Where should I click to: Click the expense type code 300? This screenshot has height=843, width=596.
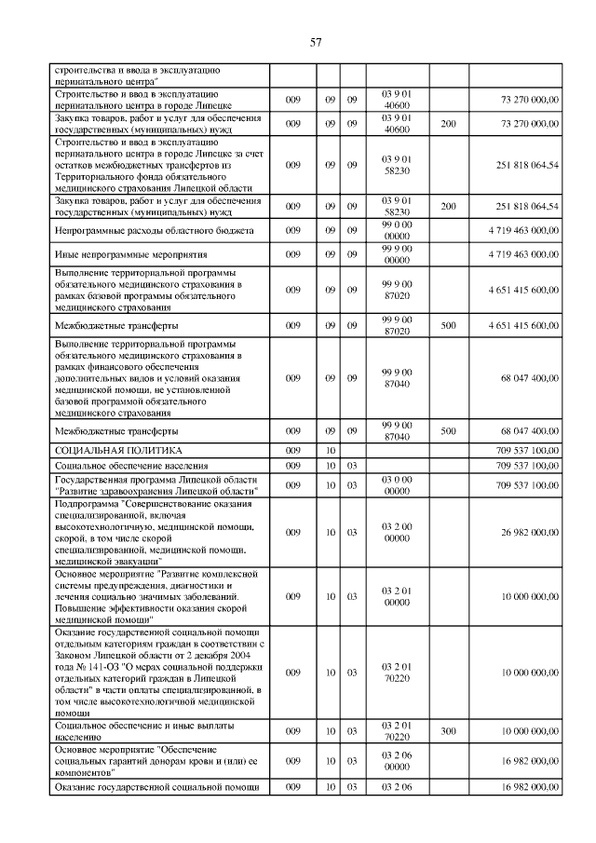(x=448, y=731)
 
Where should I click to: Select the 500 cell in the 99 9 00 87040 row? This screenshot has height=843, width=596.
(x=448, y=432)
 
